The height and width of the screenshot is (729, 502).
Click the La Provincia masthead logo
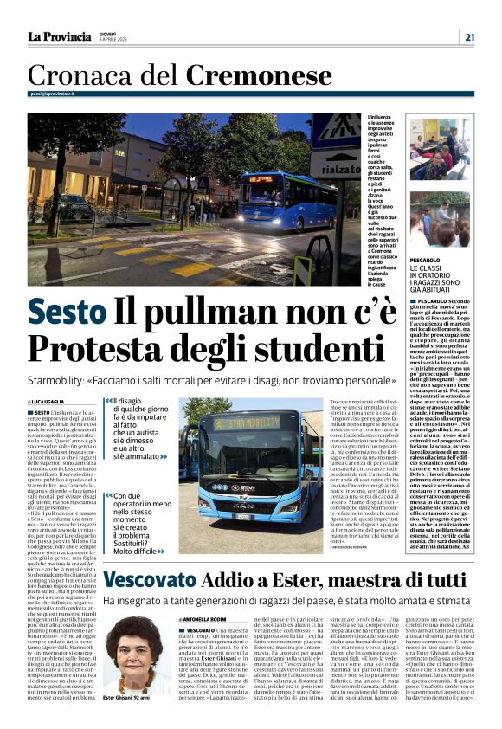click(x=59, y=36)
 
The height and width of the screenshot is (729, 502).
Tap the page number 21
click(x=469, y=36)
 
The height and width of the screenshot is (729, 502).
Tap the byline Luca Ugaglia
click(x=55, y=403)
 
